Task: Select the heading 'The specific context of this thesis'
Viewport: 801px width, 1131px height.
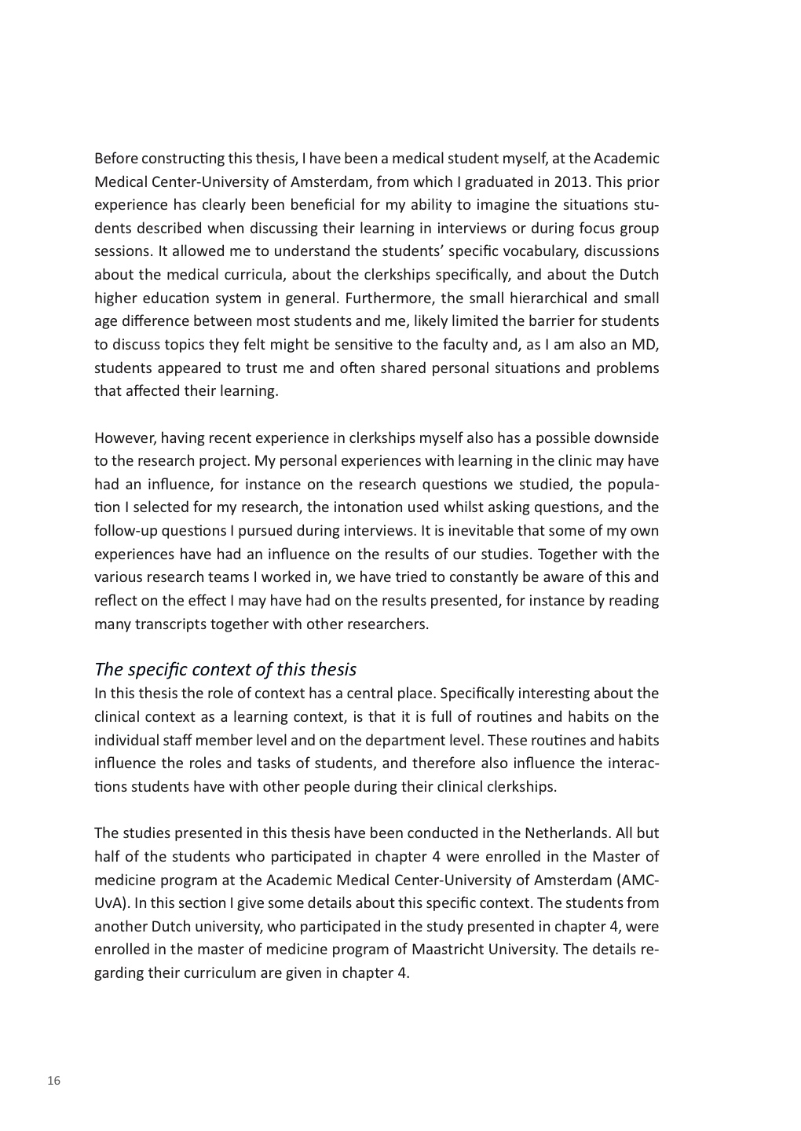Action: coord(225,669)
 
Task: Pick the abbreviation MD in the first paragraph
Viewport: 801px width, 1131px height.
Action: coord(647,345)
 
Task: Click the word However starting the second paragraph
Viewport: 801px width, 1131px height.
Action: coord(124,437)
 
